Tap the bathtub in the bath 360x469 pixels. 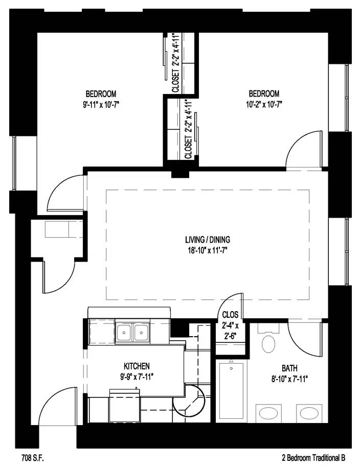pos(231,391)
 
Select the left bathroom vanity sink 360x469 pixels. pos(268,413)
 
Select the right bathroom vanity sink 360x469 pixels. pos(309,413)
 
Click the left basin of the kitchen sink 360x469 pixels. pos(123,332)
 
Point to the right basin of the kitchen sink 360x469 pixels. pos(141,332)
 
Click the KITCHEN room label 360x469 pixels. pos(137,366)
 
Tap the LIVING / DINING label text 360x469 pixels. pos(208,240)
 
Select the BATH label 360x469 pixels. pos(289,368)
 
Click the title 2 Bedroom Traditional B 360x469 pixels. pos(313,458)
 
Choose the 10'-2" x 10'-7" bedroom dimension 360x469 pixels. pos(264,104)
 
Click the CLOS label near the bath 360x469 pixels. pos(230,315)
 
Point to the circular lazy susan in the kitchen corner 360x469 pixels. pos(189,401)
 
